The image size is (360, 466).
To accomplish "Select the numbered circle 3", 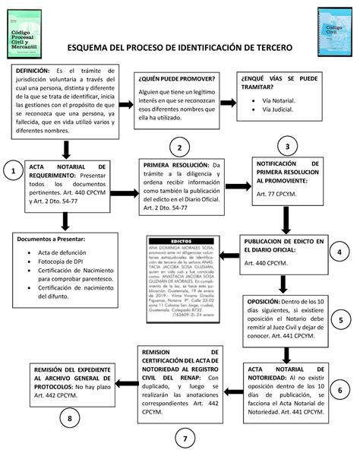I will (286, 146).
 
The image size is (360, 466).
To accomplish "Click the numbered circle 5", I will (341, 320).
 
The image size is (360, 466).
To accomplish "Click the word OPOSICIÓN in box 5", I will (264, 302).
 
